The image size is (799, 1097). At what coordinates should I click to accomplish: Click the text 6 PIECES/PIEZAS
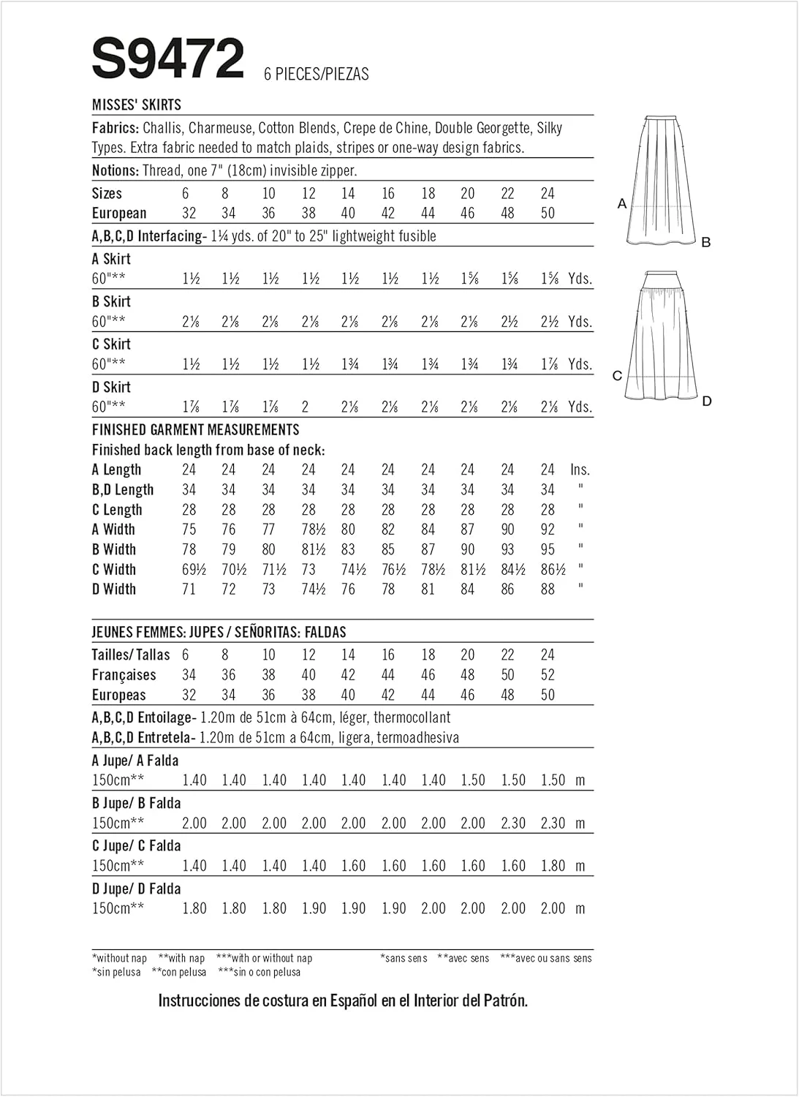coord(317,74)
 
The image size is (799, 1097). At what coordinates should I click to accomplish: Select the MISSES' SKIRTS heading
coord(137,105)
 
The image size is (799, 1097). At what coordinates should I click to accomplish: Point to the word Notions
coord(115,170)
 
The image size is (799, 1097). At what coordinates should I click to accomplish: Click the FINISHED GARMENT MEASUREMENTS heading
coord(195,429)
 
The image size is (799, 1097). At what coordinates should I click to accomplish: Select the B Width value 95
coord(548,549)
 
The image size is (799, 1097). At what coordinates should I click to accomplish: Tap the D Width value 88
coord(548,589)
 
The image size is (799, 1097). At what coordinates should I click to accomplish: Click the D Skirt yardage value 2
coord(306,407)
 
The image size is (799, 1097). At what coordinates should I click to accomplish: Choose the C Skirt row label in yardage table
coord(111,344)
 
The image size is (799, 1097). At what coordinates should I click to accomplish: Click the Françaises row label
coord(124,675)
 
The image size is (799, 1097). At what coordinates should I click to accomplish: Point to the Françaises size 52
coord(548,675)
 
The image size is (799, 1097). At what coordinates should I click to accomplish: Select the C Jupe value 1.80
coord(553,866)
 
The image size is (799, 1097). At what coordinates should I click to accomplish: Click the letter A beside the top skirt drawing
coord(622,203)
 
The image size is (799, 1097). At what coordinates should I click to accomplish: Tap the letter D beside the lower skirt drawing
coord(706,401)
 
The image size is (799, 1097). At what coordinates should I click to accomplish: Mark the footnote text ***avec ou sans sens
coord(546,958)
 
